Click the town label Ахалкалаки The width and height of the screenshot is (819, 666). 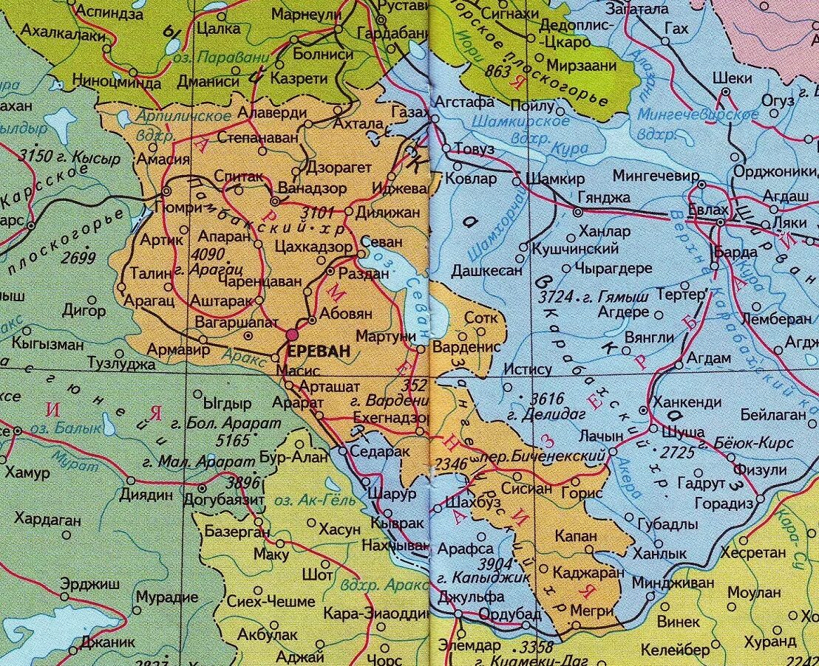tap(56, 31)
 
